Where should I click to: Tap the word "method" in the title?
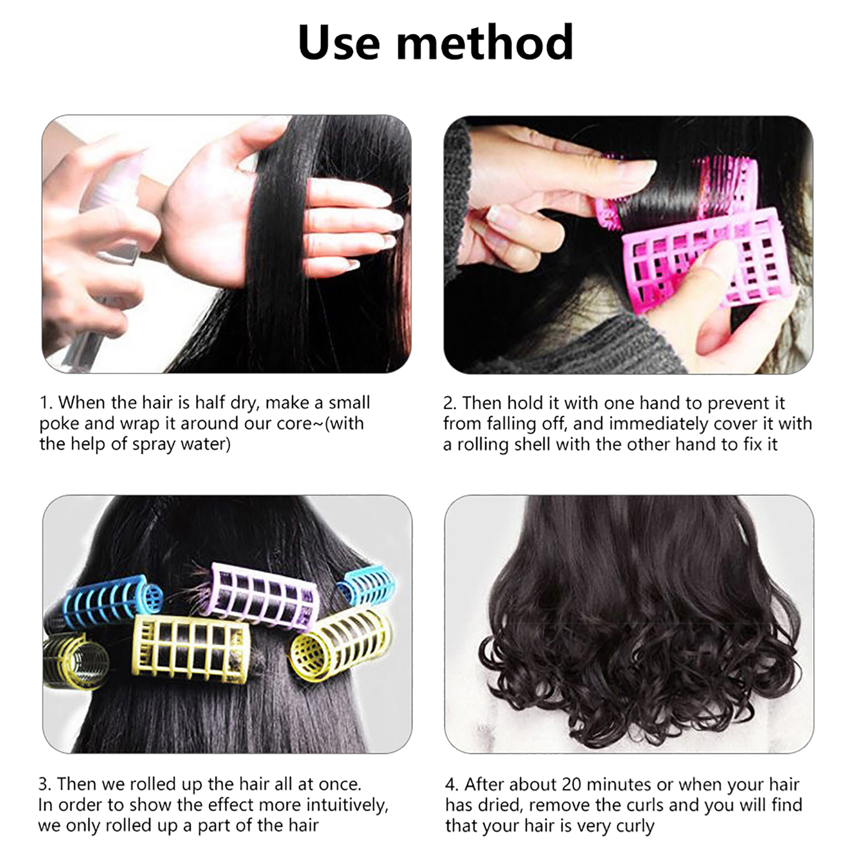pos(485,42)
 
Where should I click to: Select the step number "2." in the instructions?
pos(450,402)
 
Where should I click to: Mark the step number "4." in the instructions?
pos(452,784)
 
